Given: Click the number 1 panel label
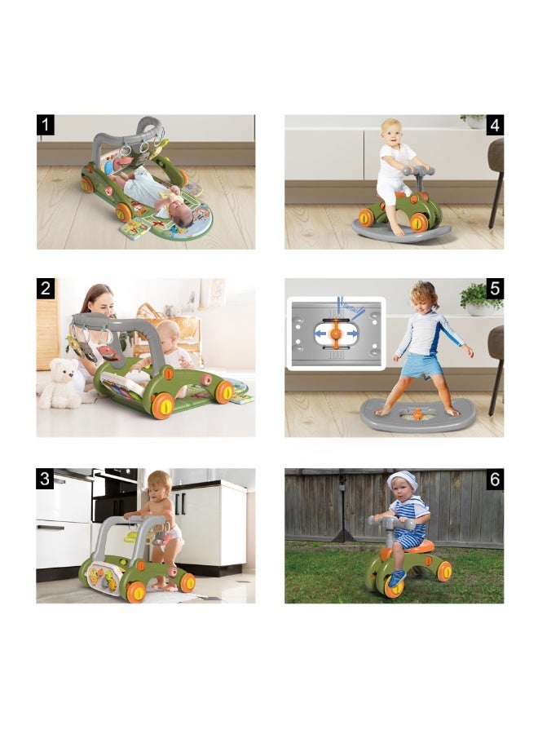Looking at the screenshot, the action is pos(46,125).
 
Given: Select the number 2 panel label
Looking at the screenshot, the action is pos(46,289).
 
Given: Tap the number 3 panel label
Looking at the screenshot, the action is pos(45,479).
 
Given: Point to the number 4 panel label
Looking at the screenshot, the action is pos(495,125).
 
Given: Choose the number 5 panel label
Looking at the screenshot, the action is pos(495,289).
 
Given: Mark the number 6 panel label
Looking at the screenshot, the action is pos(495,480).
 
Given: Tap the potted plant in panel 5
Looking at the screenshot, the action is pos(480,299).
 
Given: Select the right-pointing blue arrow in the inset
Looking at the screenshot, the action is pos(351,334).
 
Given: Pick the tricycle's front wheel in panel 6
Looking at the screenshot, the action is pos(395,583).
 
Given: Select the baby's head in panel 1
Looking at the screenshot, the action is pos(184,216).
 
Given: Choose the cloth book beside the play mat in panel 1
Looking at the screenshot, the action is pos(134,229).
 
